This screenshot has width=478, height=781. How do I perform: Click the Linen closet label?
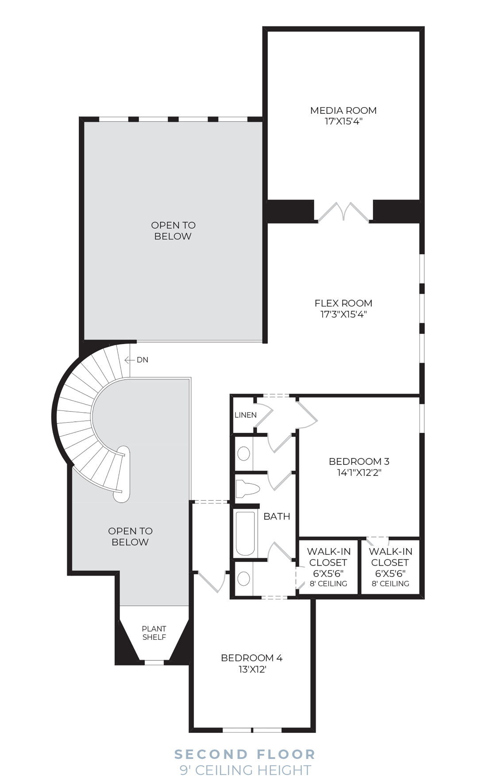246,415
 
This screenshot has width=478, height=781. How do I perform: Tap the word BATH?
277,516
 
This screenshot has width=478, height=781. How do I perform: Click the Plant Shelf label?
154,633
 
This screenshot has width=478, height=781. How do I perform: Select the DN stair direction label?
143,360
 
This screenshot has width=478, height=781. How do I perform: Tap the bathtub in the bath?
245,534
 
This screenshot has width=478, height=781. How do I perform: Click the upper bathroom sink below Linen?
244,454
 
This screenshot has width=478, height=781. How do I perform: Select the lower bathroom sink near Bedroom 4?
244,578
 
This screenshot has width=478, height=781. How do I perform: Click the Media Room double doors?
343,212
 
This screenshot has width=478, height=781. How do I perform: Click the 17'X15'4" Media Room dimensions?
343,121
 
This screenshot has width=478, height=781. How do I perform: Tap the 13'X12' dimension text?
252,669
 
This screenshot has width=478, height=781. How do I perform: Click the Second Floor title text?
245,754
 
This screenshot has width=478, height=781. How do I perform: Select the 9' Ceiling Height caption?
245,770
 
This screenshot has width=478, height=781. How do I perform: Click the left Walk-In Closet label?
328,567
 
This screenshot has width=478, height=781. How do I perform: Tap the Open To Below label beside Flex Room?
173,231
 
